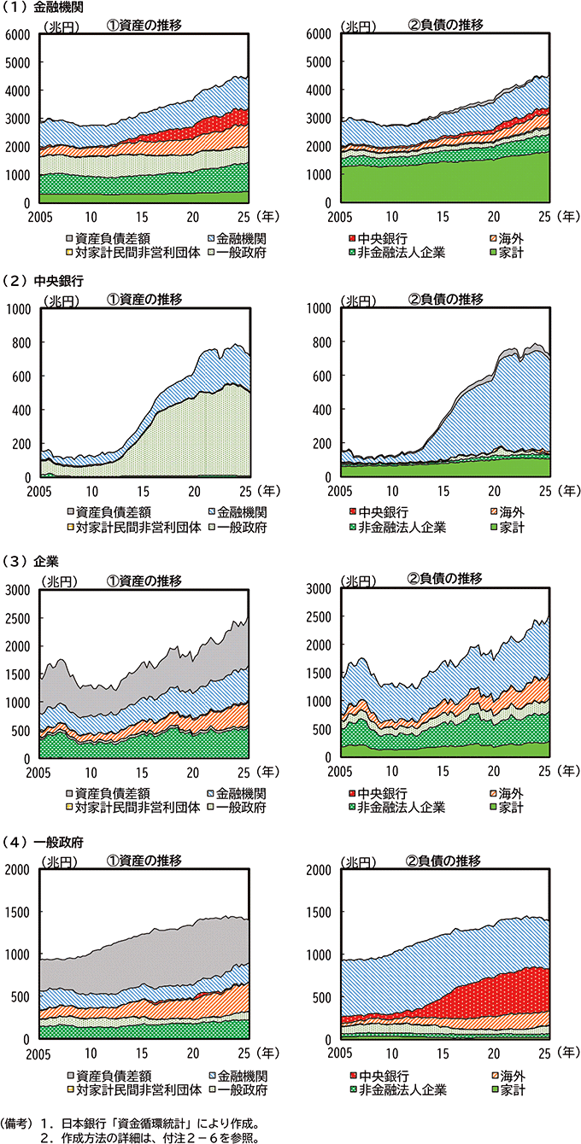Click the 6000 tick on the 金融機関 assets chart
[x=18, y=34]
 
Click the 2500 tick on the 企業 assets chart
[x=18, y=616]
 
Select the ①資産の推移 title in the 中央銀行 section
[x=144, y=298]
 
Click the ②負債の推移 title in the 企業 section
[x=445, y=579]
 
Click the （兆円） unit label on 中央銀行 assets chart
[x=57, y=300]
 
